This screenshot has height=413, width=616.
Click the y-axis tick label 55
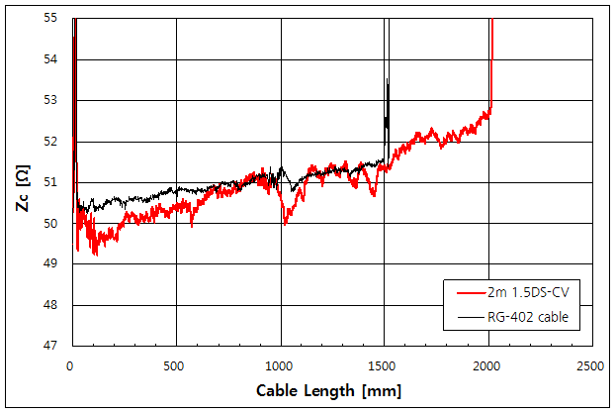[x=52, y=18]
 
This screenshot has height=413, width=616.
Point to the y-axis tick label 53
[x=52, y=100]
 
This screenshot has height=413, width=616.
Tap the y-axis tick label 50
[x=52, y=223]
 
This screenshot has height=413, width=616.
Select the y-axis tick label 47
[x=52, y=346]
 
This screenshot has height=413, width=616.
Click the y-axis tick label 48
[x=52, y=305]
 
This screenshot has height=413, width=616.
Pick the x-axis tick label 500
[x=176, y=365]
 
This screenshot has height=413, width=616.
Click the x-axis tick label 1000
[x=280, y=365]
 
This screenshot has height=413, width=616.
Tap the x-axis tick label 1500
[x=384, y=365]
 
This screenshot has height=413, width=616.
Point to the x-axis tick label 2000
[x=487, y=365]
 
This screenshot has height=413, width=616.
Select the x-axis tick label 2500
[x=591, y=365]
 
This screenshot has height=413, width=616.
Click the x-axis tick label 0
[x=71, y=365]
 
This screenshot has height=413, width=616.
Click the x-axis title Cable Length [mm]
[x=329, y=389]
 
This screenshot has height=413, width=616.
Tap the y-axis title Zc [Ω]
[x=22, y=180]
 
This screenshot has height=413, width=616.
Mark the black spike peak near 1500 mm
[x=388, y=78]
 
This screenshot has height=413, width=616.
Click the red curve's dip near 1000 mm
[x=286, y=224]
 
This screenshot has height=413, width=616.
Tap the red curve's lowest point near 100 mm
[x=95, y=256]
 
